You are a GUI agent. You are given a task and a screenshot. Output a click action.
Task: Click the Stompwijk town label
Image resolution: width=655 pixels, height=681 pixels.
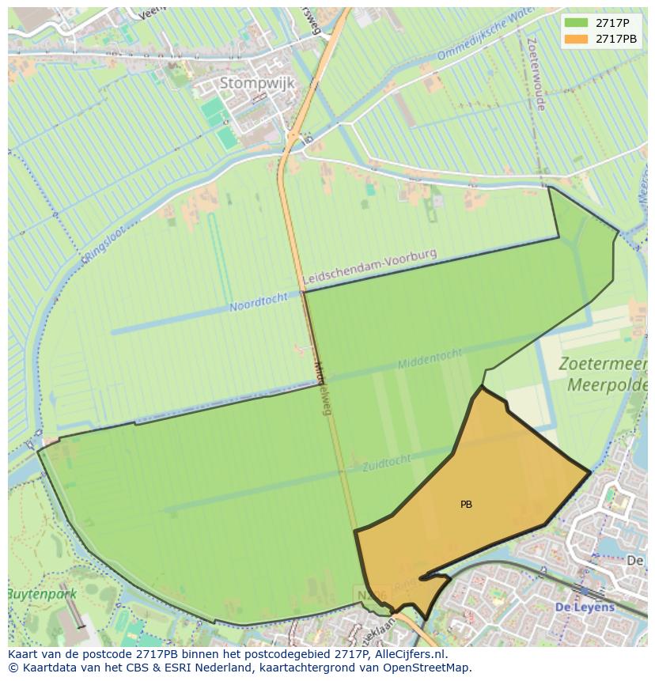point(257,83)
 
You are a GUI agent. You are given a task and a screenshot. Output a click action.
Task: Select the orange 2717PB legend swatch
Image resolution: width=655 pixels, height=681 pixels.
point(577,39)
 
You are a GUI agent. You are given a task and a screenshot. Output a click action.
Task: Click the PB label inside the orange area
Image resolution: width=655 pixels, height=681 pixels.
point(466,505)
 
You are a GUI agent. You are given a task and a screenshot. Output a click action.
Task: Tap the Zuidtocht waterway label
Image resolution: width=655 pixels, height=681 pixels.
point(387,463)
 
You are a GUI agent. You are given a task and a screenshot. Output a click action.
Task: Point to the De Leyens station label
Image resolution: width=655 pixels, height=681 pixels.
point(585,607)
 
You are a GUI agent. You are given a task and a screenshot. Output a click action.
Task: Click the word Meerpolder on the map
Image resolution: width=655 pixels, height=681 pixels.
point(608,385)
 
